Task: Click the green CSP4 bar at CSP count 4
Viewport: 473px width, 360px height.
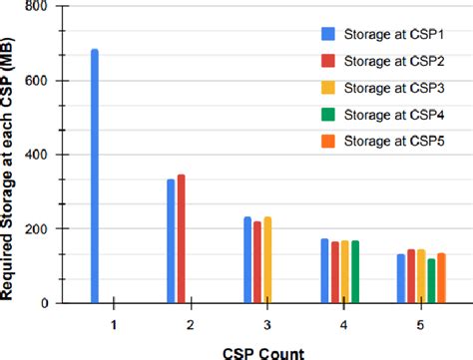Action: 354,271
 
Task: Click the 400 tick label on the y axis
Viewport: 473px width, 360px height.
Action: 40,155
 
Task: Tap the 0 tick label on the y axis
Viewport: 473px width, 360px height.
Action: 48,302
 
